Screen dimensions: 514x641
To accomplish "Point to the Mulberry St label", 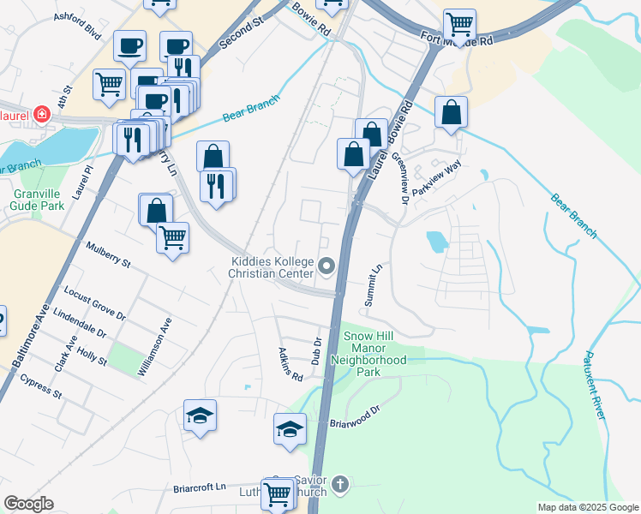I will tap(107, 254).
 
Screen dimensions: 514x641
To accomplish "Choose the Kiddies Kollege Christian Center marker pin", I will tap(326, 267).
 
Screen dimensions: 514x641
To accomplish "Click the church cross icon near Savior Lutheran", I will tap(340, 485).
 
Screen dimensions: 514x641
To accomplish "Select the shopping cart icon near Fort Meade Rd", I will tap(460, 24).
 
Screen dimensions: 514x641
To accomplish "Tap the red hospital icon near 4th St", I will tap(39, 115).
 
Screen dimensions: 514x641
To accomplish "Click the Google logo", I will tap(28, 504).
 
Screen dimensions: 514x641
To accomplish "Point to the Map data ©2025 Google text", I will tap(587, 507).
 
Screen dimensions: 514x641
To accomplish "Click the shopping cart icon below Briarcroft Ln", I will tap(277, 494).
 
